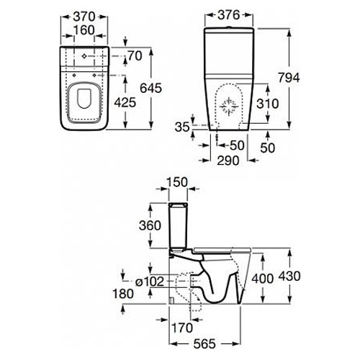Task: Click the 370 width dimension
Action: pos(84,17)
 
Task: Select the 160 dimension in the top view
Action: pos(84,30)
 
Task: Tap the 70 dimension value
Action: pos(135,56)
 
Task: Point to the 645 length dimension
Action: pos(150,88)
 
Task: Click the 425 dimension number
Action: pos(125,103)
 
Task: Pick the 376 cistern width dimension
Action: pos(229,15)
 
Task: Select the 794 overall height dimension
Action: pos(289,78)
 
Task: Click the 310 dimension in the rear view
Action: pos(268,104)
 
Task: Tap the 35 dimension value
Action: pos(182,127)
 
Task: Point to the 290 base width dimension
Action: pos(228,161)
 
